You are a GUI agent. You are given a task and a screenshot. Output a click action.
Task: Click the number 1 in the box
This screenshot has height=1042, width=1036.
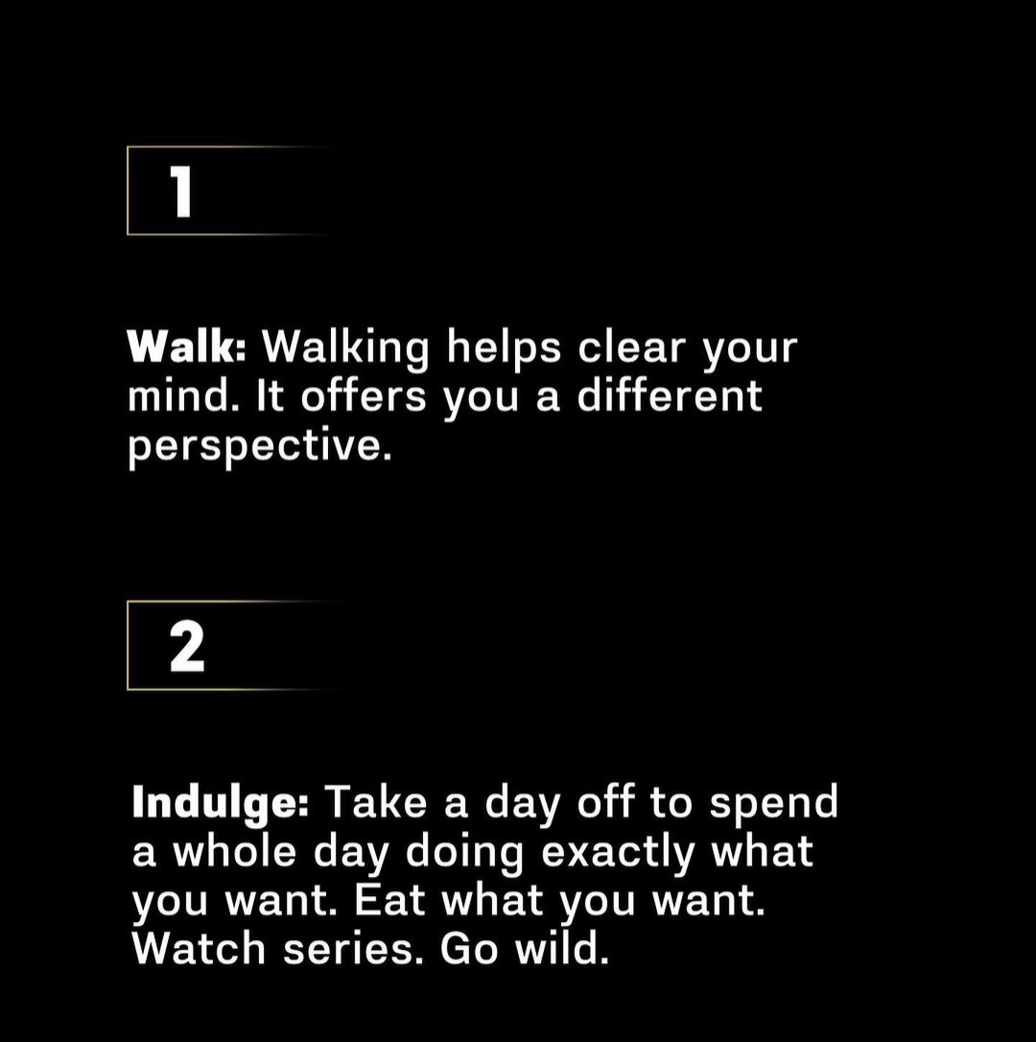(x=180, y=191)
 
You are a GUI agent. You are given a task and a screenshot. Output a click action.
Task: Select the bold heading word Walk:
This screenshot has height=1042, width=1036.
(x=187, y=346)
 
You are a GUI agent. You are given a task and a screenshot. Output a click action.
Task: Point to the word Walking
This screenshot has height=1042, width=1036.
(x=345, y=348)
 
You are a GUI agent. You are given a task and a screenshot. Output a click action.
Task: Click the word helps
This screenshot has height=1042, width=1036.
(x=504, y=348)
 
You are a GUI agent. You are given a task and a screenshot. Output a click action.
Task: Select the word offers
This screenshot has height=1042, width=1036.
(x=364, y=395)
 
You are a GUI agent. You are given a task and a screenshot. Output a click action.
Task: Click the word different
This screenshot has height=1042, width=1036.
(x=670, y=395)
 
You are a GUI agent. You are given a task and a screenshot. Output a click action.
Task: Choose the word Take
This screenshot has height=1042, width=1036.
(x=378, y=803)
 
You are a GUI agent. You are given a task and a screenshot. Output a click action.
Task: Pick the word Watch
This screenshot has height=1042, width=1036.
(x=199, y=949)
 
